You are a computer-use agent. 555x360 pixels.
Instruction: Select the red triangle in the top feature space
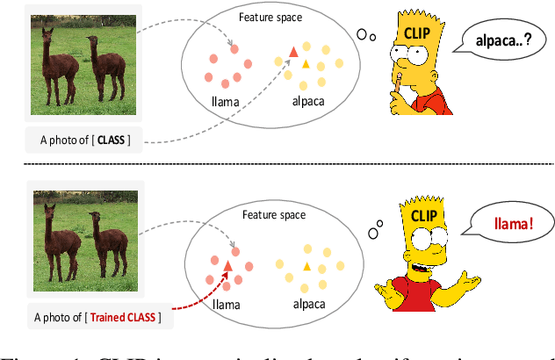coord(294,53)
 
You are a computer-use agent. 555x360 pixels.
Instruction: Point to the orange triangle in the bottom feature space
coord(306,266)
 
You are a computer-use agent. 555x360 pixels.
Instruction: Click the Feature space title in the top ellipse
coord(271,16)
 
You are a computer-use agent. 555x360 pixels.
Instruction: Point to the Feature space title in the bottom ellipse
coord(275,213)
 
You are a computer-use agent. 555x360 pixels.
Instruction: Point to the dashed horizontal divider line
coord(277,163)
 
